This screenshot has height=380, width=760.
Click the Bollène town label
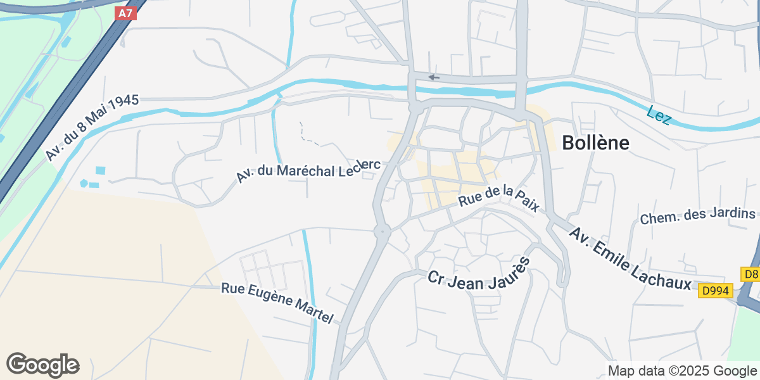tap(595, 143)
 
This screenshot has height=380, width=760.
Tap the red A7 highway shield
tap(126, 13)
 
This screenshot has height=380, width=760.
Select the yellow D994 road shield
tap(716, 291)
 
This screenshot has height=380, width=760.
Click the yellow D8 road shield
tap(750, 274)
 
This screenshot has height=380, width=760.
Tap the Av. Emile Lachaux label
tap(630, 260)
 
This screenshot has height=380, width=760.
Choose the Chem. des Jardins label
tap(698, 216)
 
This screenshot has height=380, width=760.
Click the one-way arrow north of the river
tap(434, 77)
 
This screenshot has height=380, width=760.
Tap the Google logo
tap(43, 365)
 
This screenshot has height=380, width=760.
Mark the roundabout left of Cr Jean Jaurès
tap(382, 232)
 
